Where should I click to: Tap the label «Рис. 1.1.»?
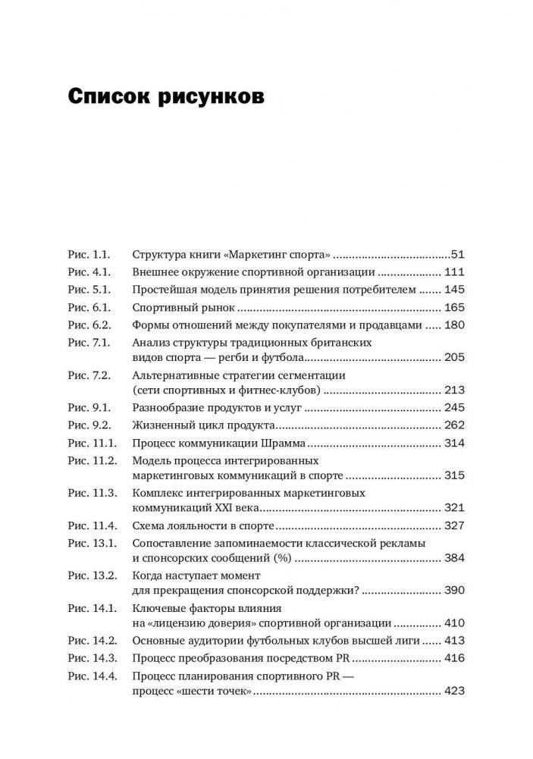tap(89, 255)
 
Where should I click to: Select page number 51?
tap(457, 255)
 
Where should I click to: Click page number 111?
tap(454, 272)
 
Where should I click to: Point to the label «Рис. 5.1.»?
tap(89, 290)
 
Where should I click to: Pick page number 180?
tap(454, 325)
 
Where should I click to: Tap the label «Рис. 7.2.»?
tap(89, 375)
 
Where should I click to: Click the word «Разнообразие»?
tap(168, 407)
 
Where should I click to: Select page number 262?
tap(454, 425)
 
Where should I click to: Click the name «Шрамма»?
tap(283, 443)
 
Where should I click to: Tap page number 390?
tap(454, 590)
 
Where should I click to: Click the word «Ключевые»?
tap(157, 607)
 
